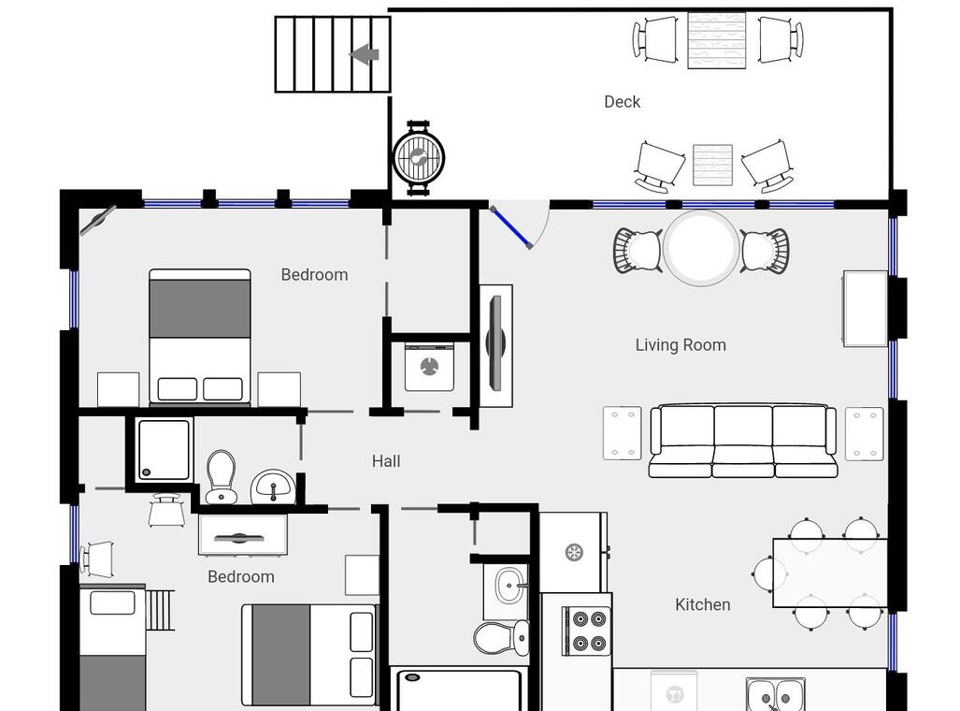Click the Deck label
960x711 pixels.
[x=622, y=102]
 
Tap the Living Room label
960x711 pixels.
[x=681, y=345]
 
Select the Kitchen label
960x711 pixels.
[x=703, y=605]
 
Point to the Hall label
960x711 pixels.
[x=386, y=461]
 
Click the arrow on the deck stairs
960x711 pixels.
[x=365, y=54]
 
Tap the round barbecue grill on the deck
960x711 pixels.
[x=418, y=158]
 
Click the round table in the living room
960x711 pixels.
[x=702, y=248]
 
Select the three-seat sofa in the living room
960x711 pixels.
[x=742, y=441]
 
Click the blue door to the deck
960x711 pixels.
[x=511, y=227]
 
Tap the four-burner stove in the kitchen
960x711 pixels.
[x=586, y=631]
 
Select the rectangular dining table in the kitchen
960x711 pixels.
[x=830, y=573]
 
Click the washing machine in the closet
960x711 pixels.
[x=429, y=367]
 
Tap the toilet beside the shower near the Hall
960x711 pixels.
[x=221, y=477]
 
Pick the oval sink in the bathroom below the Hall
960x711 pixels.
[x=509, y=586]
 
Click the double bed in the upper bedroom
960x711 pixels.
[x=200, y=337]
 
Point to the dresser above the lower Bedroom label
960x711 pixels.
[x=243, y=535]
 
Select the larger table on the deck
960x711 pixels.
[x=716, y=40]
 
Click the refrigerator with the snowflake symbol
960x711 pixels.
[x=574, y=552]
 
